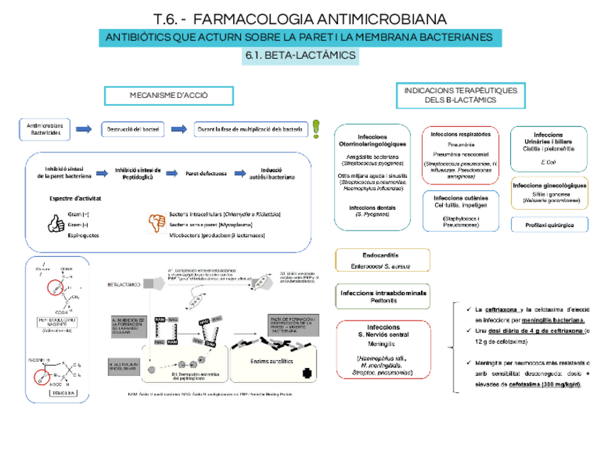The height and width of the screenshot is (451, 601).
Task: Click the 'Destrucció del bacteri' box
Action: pos(135,130)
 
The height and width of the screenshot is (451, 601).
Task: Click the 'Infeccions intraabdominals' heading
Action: pos(383,292)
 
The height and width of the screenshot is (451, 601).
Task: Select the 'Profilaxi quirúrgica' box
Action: pos(550,224)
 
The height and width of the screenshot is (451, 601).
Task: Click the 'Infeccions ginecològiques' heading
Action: pos(549,186)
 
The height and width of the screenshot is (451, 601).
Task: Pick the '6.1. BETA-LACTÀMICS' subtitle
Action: pos(300,55)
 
